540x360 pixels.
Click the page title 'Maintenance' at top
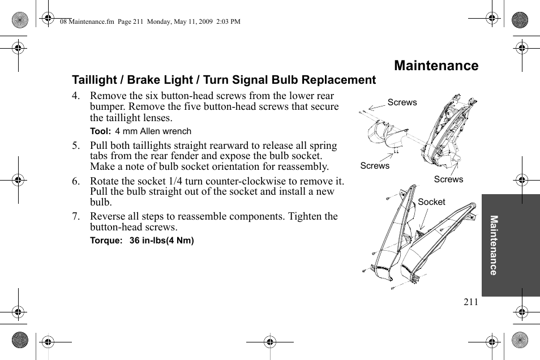point(436,66)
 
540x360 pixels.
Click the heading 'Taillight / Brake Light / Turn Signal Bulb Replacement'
point(224,80)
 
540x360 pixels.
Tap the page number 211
point(470,302)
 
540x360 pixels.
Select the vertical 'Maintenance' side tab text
point(494,245)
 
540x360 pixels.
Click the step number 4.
point(75,96)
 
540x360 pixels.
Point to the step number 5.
point(75,145)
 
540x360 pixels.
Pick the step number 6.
point(75,181)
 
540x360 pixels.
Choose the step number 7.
point(75,217)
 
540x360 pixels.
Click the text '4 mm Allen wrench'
point(153,131)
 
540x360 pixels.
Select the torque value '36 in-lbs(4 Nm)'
point(162,241)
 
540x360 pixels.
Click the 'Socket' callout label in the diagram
point(431,202)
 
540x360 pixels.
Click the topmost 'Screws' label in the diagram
point(402,102)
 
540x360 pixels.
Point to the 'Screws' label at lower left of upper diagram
point(375,166)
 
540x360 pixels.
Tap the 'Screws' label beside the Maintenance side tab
point(448,179)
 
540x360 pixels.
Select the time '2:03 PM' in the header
point(227,22)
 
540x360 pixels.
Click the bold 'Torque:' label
point(106,241)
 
